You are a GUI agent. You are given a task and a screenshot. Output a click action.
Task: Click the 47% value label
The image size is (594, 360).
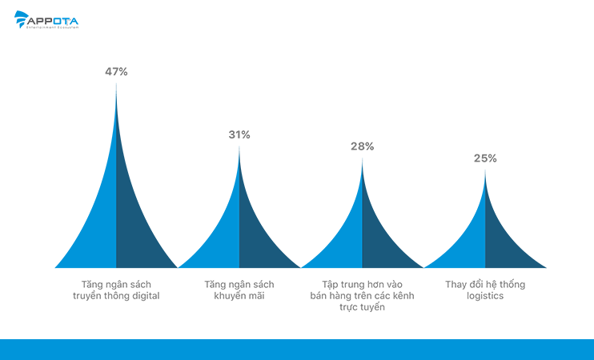click(x=116, y=71)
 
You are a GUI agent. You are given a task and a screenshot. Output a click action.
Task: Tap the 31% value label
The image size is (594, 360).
click(x=239, y=134)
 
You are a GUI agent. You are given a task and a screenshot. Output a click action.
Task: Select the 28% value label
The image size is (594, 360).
click(x=362, y=146)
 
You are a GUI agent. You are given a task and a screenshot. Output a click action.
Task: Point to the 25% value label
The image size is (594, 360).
click(x=485, y=158)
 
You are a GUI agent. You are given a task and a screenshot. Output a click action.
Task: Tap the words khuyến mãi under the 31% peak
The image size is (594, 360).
click(x=239, y=296)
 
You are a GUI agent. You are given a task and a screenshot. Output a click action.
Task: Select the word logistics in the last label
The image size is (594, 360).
click(x=485, y=296)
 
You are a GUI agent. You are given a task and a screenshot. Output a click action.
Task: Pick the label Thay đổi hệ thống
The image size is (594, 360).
click(x=485, y=284)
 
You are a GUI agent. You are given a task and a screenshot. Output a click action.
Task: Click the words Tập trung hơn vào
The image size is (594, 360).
click(x=362, y=284)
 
